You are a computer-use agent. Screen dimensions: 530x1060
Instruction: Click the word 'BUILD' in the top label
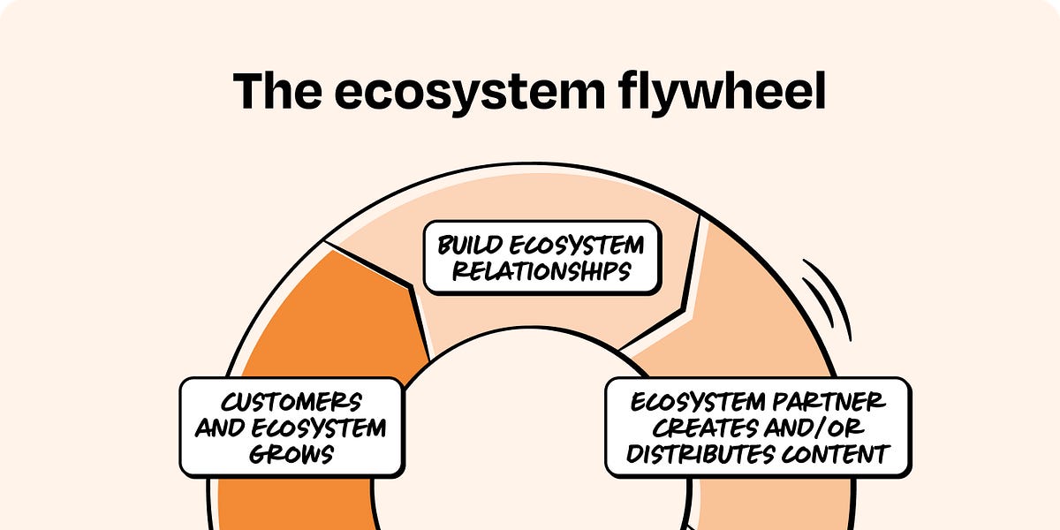tap(476, 245)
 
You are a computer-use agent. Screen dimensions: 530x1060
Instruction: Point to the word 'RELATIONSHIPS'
tap(541, 271)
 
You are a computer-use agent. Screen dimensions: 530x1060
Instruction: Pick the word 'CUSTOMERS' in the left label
tap(291, 403)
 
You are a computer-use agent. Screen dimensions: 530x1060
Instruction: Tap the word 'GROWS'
tap(291, 454)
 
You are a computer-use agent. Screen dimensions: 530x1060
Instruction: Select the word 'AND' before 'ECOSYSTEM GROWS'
tap(222, 428)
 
